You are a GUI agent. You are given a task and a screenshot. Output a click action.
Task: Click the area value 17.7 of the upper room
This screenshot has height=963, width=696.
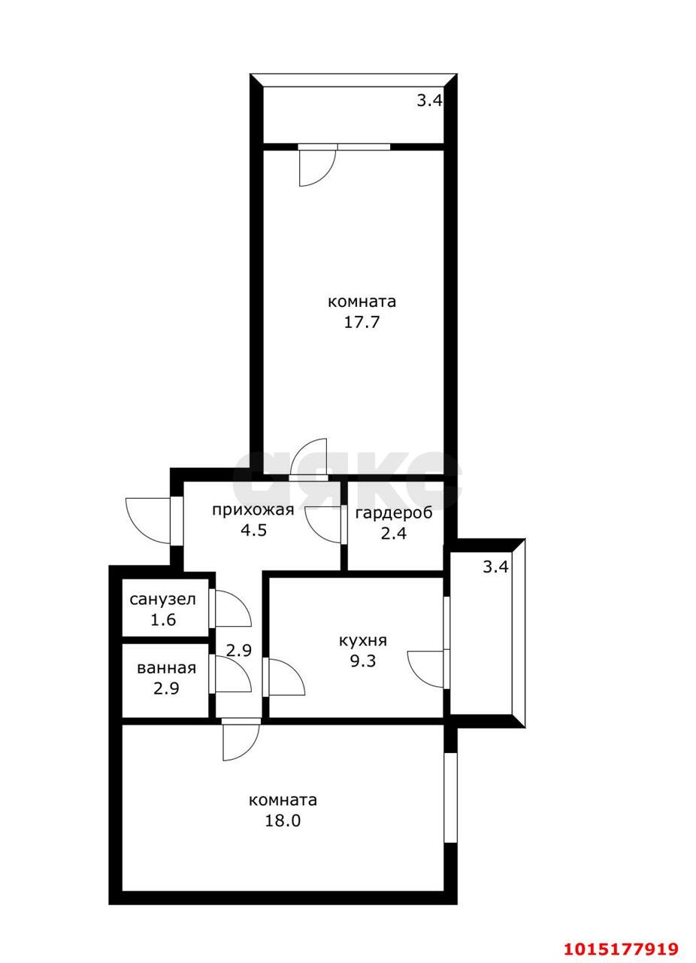coord(362,322)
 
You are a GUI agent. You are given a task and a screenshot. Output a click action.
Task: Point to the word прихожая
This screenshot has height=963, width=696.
coord(253,510)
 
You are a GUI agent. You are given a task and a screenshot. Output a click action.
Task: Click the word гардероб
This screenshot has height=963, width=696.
coord(394,513)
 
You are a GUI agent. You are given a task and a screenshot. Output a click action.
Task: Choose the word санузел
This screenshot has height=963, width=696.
coord(163,600)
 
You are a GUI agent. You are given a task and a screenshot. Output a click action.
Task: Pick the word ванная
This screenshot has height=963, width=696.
coord(166,668)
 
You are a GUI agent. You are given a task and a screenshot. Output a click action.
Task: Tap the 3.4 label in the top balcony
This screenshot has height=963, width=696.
coord(430,101)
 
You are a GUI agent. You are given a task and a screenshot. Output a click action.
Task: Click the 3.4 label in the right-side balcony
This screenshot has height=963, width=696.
coord(495,567)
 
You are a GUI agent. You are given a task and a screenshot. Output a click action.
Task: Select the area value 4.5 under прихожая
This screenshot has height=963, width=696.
coord(253,530)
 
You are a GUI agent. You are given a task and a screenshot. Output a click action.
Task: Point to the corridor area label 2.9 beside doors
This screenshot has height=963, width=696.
coord(239,651)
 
